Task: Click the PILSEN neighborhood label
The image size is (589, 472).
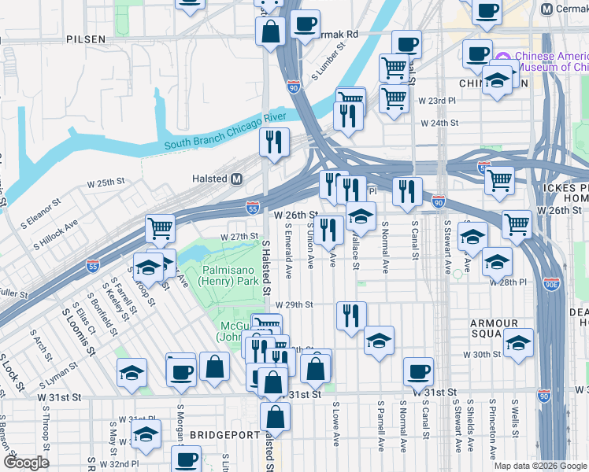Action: coord(87,39)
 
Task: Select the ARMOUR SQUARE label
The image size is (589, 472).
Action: coord(494,330)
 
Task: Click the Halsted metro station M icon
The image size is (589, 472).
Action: coord(235,179)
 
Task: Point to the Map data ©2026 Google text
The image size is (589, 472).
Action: coord(539,466)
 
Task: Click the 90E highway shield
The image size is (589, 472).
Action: coord(553,286)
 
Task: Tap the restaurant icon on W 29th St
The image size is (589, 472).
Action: coord(351,314)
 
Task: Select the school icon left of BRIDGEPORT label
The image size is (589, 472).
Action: coord(146,435)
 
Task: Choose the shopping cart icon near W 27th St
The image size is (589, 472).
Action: coord(160,228)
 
